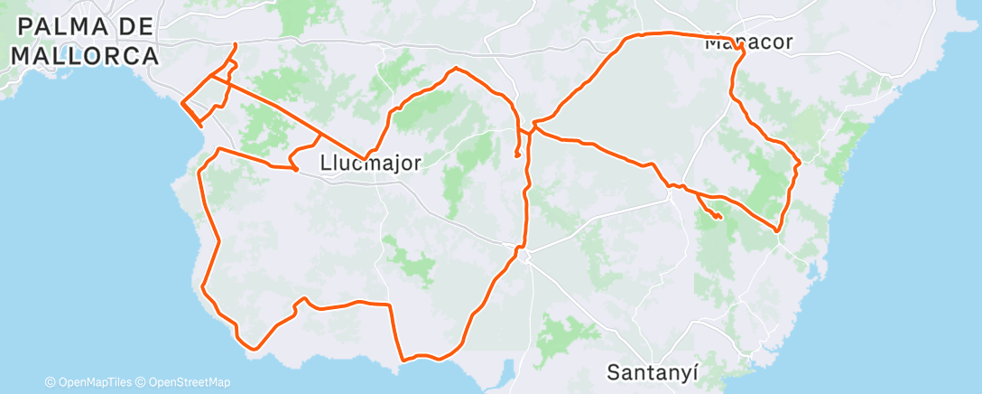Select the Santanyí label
click(653, 371)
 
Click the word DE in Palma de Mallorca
click(138, 28)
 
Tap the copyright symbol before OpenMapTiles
click(50, 382)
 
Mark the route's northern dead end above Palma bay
click(236, 44)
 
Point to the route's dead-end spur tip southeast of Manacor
click(719, 218)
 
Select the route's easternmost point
click(800, 163)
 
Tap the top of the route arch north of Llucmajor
click(457, 68)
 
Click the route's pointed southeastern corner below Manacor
click(776, 230)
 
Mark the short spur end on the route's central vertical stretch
click(517, 155)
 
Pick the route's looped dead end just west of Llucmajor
click(295, 169)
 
